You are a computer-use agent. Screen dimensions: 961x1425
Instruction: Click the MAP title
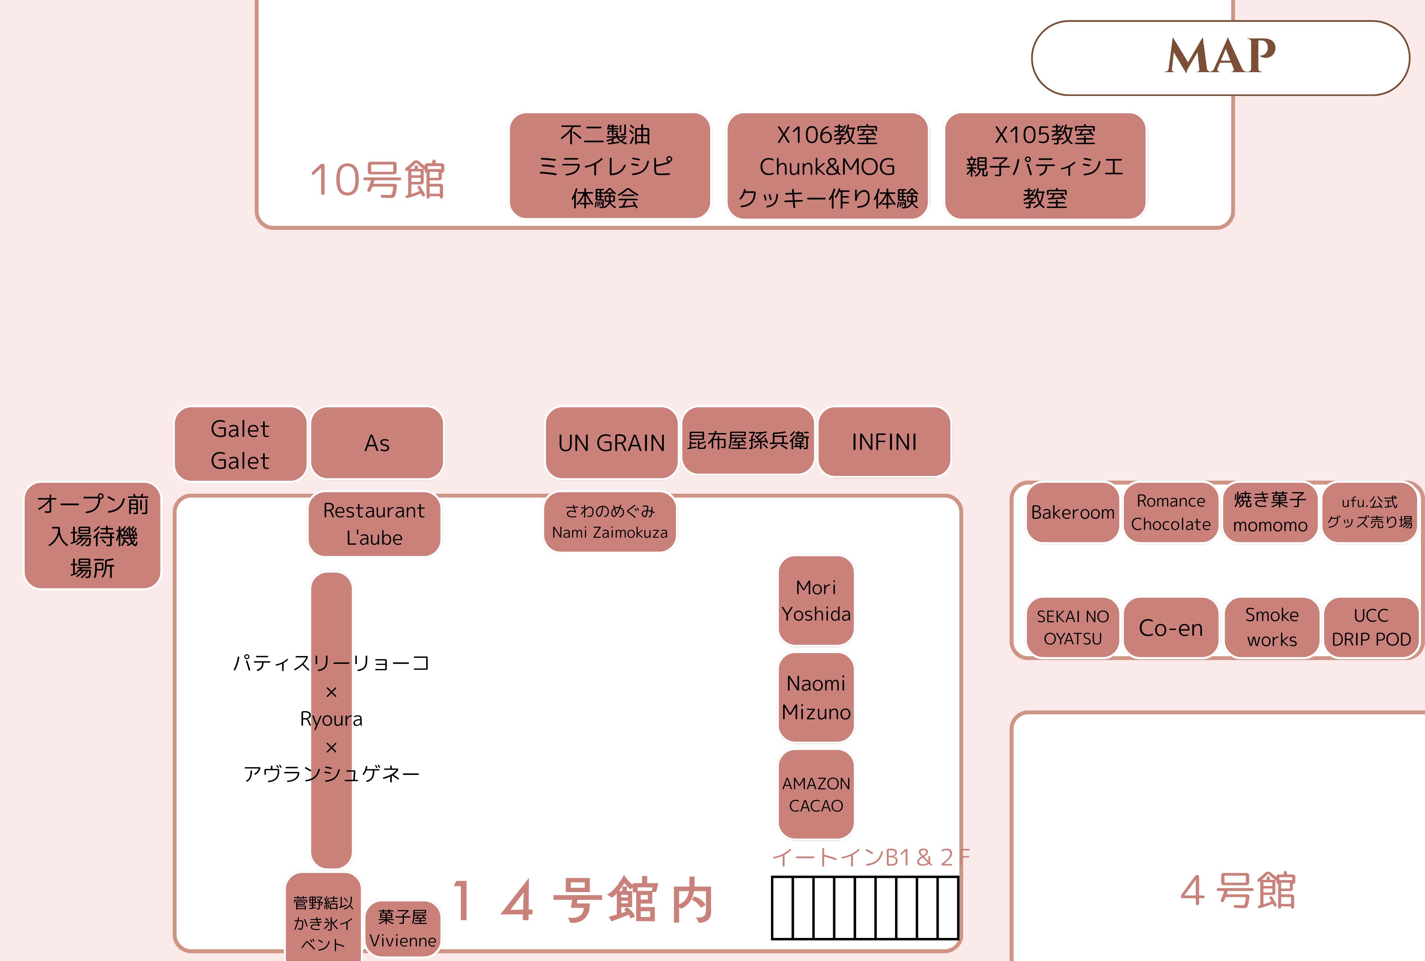coord(1220,57)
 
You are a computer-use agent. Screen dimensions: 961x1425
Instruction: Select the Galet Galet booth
coord(240,444)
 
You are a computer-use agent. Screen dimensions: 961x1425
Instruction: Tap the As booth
coord(377,443)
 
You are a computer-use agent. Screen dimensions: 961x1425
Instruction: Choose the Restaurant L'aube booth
coord(374,524)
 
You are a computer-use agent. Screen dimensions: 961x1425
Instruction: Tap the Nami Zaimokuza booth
coord(610,522)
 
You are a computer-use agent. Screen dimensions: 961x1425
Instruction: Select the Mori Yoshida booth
coord(816,601)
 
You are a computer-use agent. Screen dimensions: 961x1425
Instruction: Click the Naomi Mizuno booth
coord(816,697)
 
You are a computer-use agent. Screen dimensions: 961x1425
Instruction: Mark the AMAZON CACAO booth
coord(816,794)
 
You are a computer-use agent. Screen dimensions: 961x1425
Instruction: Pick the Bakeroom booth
coord(1073,512)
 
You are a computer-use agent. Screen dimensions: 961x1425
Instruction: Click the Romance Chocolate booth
coord(1171,512)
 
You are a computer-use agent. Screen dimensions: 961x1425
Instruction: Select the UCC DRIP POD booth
coord(1371,628)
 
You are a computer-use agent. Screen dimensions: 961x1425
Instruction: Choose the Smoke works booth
coord(1272,628)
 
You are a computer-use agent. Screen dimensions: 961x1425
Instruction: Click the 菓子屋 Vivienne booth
coord(403,929)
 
